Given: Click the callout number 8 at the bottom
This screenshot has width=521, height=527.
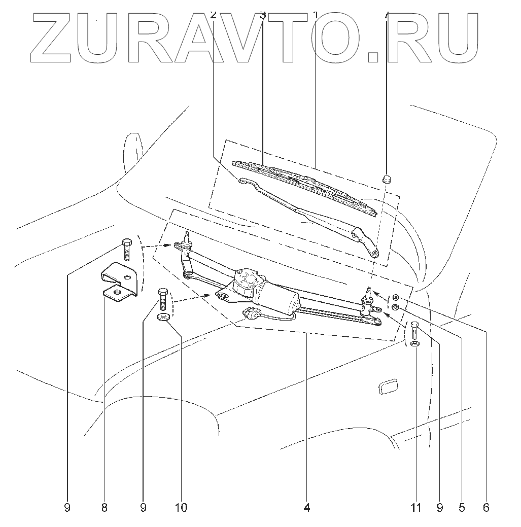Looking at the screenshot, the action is [x=104, y=507].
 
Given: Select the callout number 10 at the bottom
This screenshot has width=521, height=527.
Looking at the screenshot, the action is [x=181, y=507].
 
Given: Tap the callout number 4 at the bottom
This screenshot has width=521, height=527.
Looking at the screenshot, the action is [x=306, y=507].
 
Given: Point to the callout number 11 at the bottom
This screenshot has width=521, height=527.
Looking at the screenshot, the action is [x=416, y=507].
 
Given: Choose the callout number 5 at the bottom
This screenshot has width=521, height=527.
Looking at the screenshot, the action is [x=461, y=507].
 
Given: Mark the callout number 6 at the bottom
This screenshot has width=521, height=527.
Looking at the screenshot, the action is [x=486, y=507].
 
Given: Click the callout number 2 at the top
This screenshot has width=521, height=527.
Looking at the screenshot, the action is [x=213, y=15].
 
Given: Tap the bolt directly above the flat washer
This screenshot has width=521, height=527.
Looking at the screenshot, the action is [x=163, y=299].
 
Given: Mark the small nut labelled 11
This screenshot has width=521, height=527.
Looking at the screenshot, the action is [x=415, y=344].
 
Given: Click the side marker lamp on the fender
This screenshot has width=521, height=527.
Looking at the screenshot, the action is [x=388, y=385].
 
